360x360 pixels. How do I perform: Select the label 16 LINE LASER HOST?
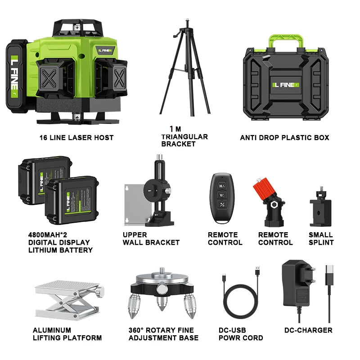pyautogui.click(x=76, y=138)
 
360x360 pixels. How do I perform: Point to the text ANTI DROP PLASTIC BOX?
pyautogui.click(x=284, y=138)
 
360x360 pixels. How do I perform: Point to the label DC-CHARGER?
pyautogui.click(x=308, y=330)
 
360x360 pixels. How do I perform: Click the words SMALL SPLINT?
pyautogui.click(x=321, y=238)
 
